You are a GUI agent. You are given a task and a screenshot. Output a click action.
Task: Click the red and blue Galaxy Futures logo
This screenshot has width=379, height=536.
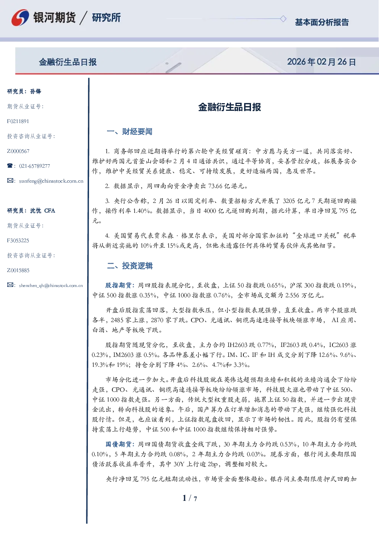click(20, 18)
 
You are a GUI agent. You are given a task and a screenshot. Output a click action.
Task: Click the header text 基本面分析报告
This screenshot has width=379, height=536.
click(322, 22)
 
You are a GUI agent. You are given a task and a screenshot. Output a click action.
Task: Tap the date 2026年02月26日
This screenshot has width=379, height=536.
click(321, 62)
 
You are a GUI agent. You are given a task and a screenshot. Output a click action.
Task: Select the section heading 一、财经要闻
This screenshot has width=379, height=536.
click(130, 131)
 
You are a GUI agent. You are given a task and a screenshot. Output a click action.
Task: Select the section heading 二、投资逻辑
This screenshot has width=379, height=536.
click(130, 266)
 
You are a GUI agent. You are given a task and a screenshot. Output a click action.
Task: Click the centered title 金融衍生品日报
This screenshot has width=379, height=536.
click(230, 107)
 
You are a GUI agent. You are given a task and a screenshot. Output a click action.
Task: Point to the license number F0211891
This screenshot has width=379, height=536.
click(18, 121)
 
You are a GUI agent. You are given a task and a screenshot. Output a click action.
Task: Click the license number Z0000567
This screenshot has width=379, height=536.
click(18, 151)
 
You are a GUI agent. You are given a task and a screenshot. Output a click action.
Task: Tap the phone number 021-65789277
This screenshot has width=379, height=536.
click(34, 166)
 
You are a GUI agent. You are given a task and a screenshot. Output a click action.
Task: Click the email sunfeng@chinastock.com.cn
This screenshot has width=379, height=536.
click(51, 181)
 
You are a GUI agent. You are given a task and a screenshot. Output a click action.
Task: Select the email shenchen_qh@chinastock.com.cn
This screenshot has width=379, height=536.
click(51, 285)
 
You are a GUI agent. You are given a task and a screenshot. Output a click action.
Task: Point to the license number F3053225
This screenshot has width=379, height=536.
click(18, 240)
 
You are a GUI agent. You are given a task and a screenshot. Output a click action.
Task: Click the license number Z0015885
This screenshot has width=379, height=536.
click(18, 270)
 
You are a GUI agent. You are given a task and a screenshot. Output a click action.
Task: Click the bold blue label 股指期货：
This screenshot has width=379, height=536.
click(121, 285)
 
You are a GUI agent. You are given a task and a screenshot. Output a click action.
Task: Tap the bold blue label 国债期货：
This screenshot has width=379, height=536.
click(121, 444)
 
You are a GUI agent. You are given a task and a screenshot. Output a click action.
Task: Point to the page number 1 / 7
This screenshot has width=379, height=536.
click(189, 498)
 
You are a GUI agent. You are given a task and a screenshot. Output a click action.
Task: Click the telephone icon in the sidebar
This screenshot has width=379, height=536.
click(10, 165)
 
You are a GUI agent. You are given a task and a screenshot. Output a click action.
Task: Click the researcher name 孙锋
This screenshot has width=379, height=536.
click(36, 91)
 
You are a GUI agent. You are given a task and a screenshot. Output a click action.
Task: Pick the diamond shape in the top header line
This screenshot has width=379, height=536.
click(283, 19)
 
